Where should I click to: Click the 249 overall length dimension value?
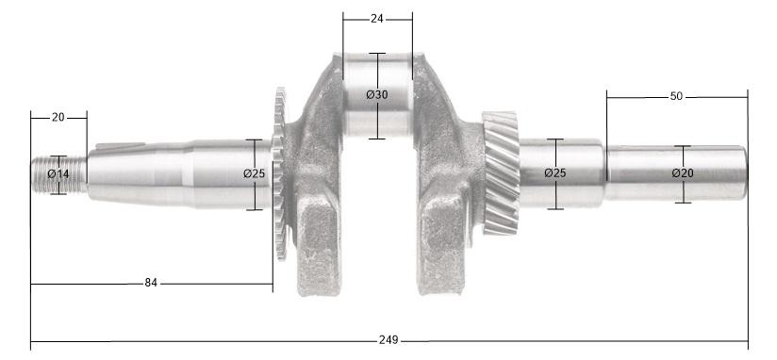pyautogui.click(x=388, y=339)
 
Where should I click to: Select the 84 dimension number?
pyautogui.click(x=151, y=283)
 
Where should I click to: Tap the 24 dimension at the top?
pyautogui.click(x=377, y=18)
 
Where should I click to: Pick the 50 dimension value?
pyautogui.click(x=676, y=96)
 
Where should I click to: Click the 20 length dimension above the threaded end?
pyautogui.click(x=58, y=117)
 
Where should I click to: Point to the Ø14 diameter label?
pyautogui.click(x=58, y=174)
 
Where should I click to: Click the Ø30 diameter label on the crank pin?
pyautogui.click(x=377, y=95)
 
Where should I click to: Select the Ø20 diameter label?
pyautogui.click(x=683, y=173)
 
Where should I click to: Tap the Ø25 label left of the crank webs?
pyautogui.click(x=254, y=174)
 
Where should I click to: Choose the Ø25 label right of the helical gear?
pyautogui.click(x=555, y=173)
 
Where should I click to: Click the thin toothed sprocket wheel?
pyautogui.click(x=279, y=174)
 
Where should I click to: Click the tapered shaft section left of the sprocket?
pyautogui.click(x=141, y=174)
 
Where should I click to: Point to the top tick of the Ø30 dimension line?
pyautogui.click(x=377, y=53)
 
